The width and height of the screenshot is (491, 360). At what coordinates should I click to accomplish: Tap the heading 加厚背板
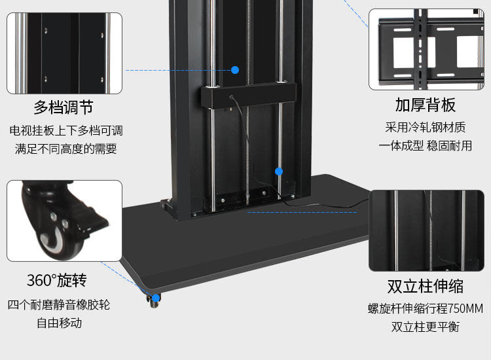pyautogui.click(x=426, y=105)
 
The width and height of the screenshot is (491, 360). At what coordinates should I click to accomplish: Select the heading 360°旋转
pyautogui.click(x=56, y=281)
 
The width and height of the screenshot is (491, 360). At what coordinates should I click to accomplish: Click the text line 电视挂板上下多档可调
pyautogui.click(x=65, y=130)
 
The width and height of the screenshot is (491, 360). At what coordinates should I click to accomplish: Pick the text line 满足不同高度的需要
pyautogui.click(x=65, y=149)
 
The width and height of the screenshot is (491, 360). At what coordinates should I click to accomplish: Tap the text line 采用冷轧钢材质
pyautogui.click(x=426, y=127)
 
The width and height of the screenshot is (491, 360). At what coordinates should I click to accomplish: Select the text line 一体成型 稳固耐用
pyautogui.click(x=426, y=145)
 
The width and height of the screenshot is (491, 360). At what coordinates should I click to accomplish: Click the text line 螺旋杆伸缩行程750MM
pyautogui.click(x=426, y=308)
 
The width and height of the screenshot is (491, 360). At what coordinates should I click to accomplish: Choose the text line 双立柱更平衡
pyautogui.click(x=426, y=326)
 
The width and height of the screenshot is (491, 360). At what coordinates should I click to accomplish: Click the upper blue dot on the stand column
pyautogui.click(x=235, y=69)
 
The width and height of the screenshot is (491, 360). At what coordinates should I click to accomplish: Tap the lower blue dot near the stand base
pyautogui.click(x=278, y=171)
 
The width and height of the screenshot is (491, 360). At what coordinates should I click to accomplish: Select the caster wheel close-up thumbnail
pyautogui.click(x=64, y=221)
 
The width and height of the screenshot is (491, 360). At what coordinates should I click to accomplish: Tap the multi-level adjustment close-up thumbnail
pyautogui.click(x=64, y=54)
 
